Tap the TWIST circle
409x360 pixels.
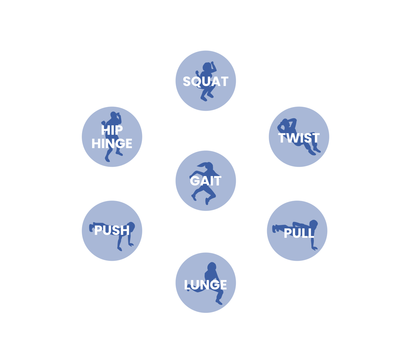pos(299,137)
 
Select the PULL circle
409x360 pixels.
pos(297,231)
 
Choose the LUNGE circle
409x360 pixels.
pos(205,282)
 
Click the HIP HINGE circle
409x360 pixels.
pos(112,137)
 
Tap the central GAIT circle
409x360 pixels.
pos(205,181)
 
